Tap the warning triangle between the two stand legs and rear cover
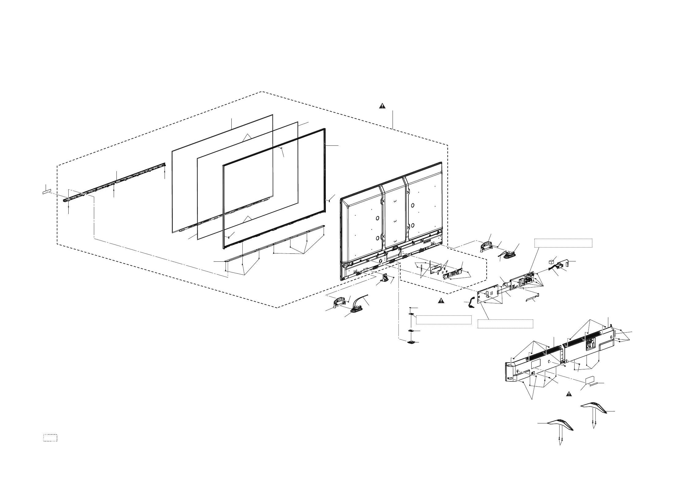click(568, 394)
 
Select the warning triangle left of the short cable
click(441, 301)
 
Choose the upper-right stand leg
click(593, 408)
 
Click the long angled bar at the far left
click(115, 182)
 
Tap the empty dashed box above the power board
click(563, 243)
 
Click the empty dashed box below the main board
click(505, 324)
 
